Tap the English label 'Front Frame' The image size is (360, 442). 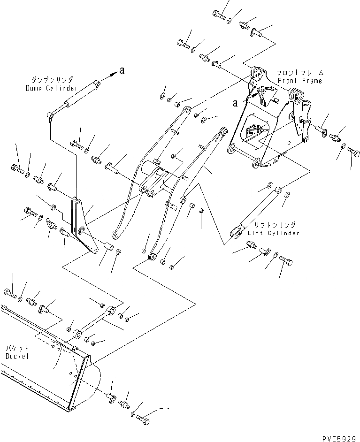click(306, 81)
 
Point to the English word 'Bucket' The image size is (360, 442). click(17, 356)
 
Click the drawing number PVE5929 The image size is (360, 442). click(340, 438)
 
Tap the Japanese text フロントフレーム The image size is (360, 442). click(300, 73)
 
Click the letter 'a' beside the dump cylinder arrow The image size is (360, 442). click(122, 71)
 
